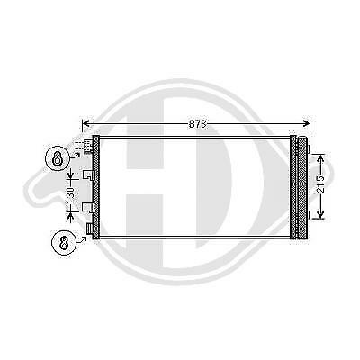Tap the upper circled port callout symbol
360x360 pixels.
57,159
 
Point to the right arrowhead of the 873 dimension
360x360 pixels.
310,122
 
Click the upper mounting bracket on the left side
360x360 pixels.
87,175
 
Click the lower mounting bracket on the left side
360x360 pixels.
87,208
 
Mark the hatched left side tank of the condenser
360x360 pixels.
94,189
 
